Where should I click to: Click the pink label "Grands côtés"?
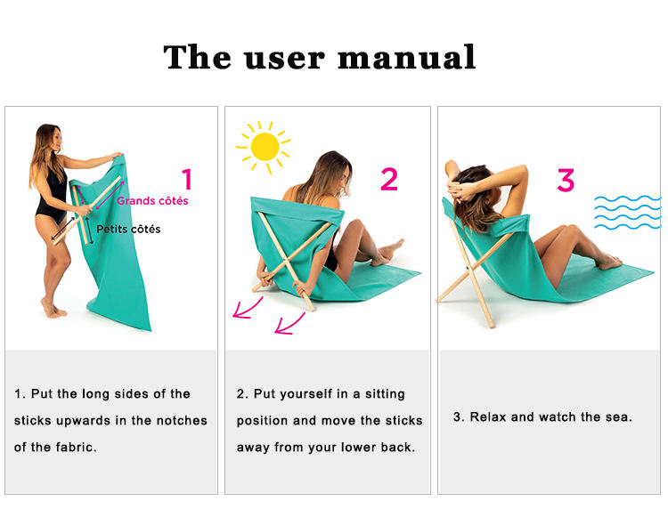click(x=152, y=201)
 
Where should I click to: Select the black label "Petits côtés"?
click(x=129, y=229)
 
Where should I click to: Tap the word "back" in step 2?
click(x=397, y=447)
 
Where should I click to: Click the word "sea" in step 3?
click(x=617, y=416)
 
